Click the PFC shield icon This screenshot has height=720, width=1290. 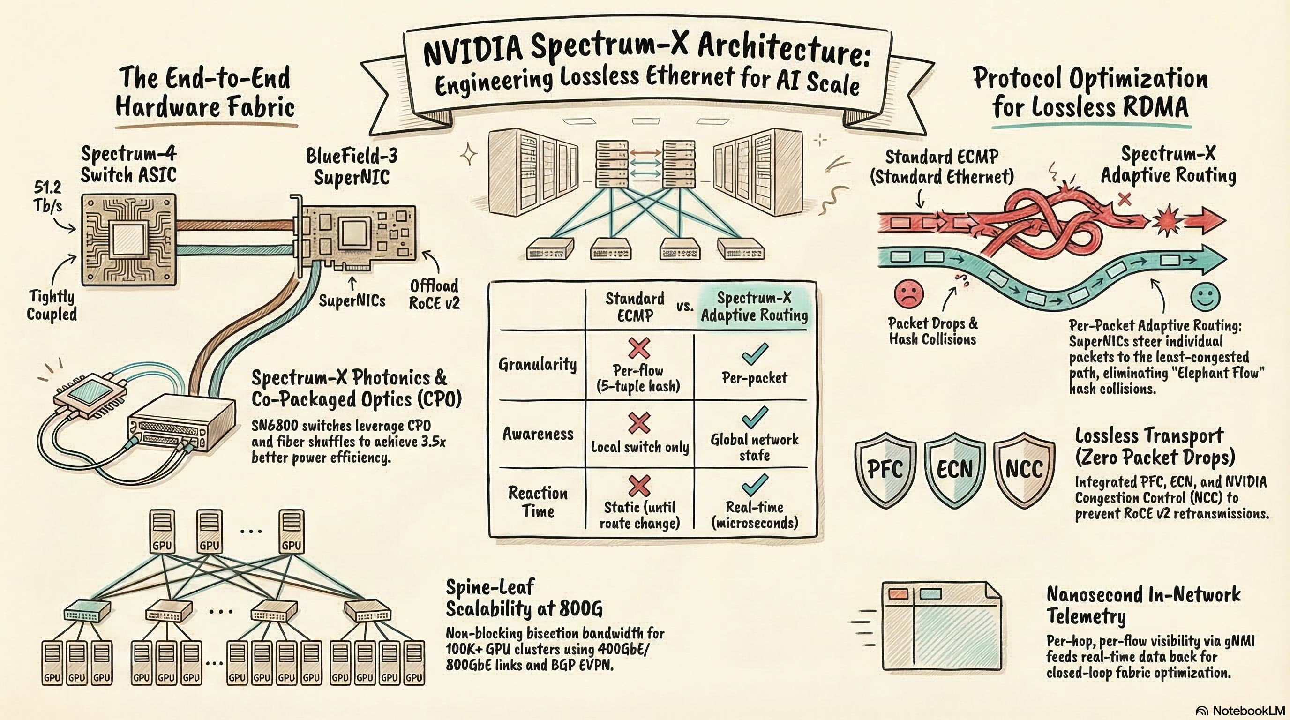(x=885, y=469)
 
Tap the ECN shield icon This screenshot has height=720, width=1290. (x=954, y=469)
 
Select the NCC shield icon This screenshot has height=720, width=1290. (x=1024, y=469)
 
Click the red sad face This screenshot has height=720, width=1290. (x=908, y=294)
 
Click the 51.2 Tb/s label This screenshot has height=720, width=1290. (x=48, y=197)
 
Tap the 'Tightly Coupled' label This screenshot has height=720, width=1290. (x=52, y=306)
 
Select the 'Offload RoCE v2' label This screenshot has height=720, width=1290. (x=434, y=294)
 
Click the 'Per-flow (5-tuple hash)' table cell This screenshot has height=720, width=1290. (x=638, y=378)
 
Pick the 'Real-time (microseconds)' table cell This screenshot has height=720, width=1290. (x=755, y=515)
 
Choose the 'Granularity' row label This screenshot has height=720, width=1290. (x=537, y=364)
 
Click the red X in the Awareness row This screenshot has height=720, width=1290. (x=639, y=423)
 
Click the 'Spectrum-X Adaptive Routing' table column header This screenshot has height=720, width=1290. (x=754, y=307)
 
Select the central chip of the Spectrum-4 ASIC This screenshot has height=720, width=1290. (x=128, y=240)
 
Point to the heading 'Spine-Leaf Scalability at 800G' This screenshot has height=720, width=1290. (x=524, y=597)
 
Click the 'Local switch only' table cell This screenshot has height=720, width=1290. (x=639, y=447)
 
